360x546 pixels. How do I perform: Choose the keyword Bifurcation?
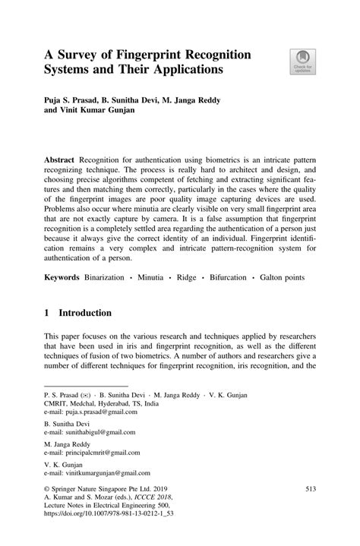tap(224, 278)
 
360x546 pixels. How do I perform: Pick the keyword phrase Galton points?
tap(280, 278)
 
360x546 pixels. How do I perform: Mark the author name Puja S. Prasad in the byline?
tap(75, 99)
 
